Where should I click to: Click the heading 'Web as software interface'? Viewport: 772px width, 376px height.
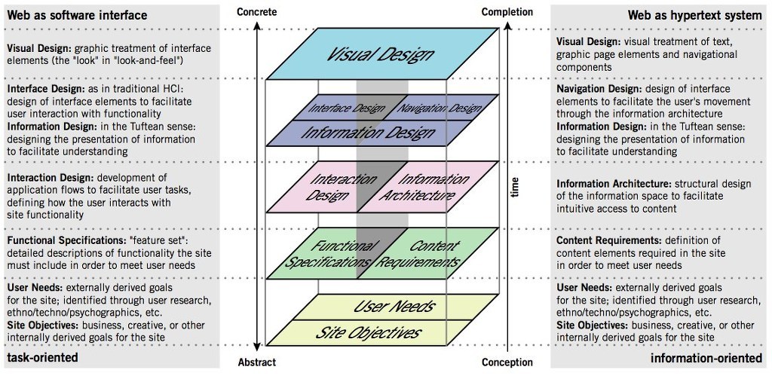[78, 15]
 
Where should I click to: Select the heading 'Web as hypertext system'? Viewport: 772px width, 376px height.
[694, 15]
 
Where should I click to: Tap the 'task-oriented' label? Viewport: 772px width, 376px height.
[43, 357]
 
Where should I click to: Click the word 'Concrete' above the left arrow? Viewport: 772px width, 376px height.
[256, 12]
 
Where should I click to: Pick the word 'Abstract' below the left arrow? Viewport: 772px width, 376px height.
[256, 362]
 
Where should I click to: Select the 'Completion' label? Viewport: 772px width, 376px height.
[507, 12]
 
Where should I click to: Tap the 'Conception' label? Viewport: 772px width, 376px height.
[507, 362]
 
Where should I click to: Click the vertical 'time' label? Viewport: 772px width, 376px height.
[515, 188]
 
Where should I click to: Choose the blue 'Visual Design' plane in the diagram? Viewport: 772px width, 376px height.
[381, 54]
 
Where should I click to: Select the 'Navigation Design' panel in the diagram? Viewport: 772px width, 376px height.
[440, 108]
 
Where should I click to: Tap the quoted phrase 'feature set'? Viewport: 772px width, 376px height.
[156, 240]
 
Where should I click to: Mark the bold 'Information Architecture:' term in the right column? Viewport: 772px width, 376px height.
[609, 183]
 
